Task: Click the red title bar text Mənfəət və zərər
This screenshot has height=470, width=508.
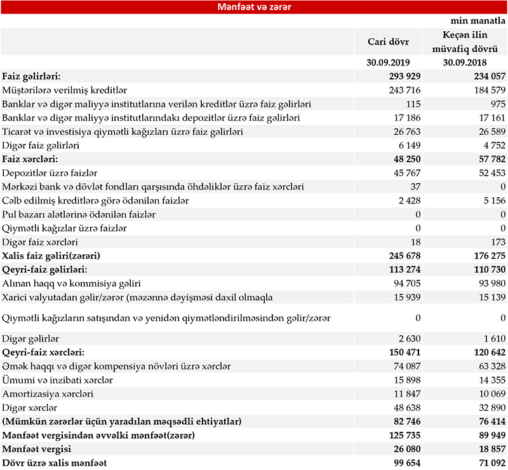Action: point(254,8)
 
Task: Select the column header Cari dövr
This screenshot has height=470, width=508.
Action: point(389,41)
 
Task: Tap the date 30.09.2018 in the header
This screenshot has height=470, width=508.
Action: point(469,63)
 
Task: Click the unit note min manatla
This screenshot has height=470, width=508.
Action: point(478,21)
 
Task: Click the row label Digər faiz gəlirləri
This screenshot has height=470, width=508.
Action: point(45,146)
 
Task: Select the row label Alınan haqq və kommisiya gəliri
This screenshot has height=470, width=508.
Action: point(72,283)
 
